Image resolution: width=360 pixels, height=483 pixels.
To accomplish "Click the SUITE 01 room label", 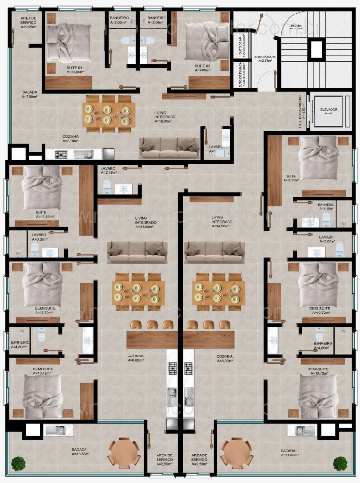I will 74,68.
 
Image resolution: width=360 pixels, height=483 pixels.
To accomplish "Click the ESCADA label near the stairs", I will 297,27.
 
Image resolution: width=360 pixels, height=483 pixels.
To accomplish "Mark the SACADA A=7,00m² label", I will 31,94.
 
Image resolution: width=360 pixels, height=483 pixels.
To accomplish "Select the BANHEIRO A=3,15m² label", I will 326,207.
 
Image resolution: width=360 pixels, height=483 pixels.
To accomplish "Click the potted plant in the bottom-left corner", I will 18,463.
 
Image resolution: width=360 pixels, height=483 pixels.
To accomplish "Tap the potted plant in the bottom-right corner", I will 340,463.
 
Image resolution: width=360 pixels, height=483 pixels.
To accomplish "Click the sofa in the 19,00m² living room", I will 169,147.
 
